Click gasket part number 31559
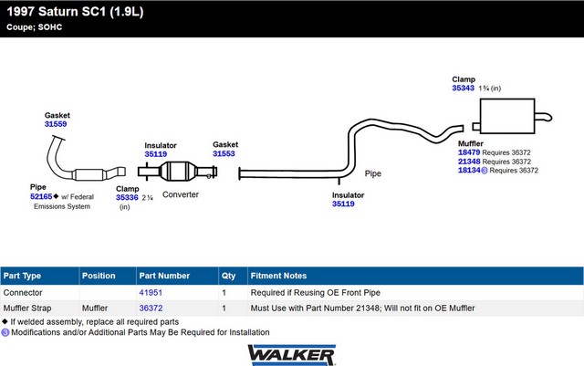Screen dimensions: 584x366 click(x=56, y=124)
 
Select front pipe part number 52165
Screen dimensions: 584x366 click(x=41, y=196)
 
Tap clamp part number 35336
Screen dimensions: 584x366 click(x=127, y=197)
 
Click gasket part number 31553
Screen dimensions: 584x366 click(x=224, y=153)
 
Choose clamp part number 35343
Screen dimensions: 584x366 click(x=463, y=88)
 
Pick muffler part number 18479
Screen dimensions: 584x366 click(x=469, y=152)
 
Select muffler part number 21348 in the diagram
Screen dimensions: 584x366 click(x=469, y=162)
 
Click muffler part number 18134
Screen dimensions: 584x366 click(x=469, y=171)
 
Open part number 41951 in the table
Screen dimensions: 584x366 click(x=151, y=293)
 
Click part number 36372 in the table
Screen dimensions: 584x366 click(x=151, y=308)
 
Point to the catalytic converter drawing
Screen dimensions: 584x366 click(x=178, y=172)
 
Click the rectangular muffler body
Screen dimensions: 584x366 click(x=507, y=116)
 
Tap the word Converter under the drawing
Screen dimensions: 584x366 click(x=181, y=194)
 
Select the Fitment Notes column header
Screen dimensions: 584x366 click(x=278, y=276)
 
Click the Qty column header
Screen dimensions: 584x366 click(x=228, y=276)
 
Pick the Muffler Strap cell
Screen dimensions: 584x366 click(x=27, y=308)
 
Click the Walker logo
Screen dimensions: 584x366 click(x=292, y=355)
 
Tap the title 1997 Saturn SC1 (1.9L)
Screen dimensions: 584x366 click(x=75, y=12)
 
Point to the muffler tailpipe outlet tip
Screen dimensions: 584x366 click(x=551, y=118)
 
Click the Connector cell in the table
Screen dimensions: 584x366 click(x=23, y=293)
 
